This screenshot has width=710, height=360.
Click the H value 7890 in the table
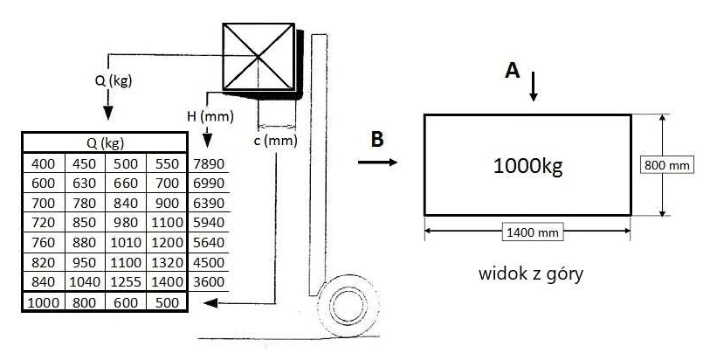coord(209,164)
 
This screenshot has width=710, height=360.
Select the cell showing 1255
coord(126,281)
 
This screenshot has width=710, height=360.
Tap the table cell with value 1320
coord(167,262)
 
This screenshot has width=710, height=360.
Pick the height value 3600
coord(209,281)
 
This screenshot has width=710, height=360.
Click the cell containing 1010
coord(126,242)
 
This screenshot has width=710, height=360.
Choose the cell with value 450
coord(84,164)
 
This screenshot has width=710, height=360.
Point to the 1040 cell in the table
coord(84,281)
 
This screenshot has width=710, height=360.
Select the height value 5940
coord(209,222)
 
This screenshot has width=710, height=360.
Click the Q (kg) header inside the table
coord(105,143)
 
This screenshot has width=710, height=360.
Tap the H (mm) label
coord(210,116)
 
